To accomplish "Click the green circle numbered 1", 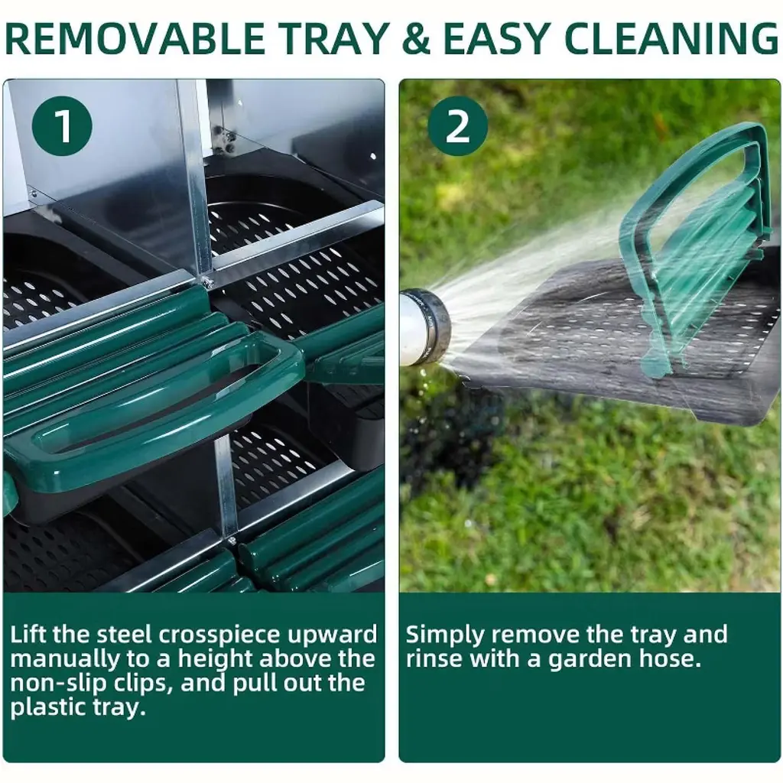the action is tap(62, 126).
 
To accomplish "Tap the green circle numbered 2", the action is tap(458, 126).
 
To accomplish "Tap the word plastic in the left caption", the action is tap(47, 708).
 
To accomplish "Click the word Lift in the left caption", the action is tap(28, 635).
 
